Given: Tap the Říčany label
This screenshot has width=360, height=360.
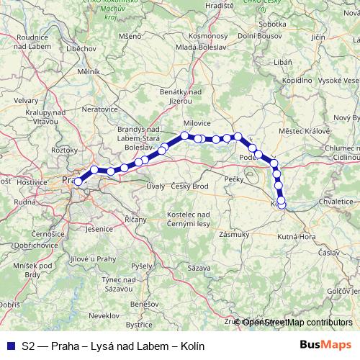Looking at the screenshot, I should coord(135,219).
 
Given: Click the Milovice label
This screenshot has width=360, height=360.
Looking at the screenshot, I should coord(197,123).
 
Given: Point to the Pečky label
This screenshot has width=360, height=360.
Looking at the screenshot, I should coord(235,177).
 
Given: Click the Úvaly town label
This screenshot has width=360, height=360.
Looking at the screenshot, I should coord(156,187).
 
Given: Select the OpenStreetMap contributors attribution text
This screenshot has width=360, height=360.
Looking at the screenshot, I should coord(297,323).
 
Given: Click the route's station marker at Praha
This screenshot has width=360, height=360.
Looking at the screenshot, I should coord(78,181).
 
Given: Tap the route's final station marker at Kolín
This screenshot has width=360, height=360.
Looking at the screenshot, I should coord(282,204).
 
